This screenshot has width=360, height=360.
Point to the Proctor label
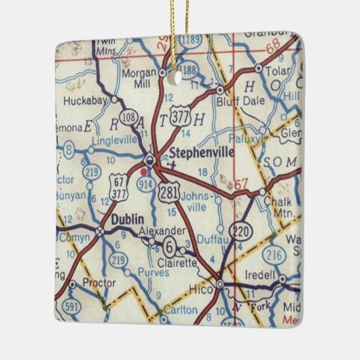(x=95, y=282)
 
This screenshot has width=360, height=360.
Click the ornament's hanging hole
(x=179, y=76)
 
